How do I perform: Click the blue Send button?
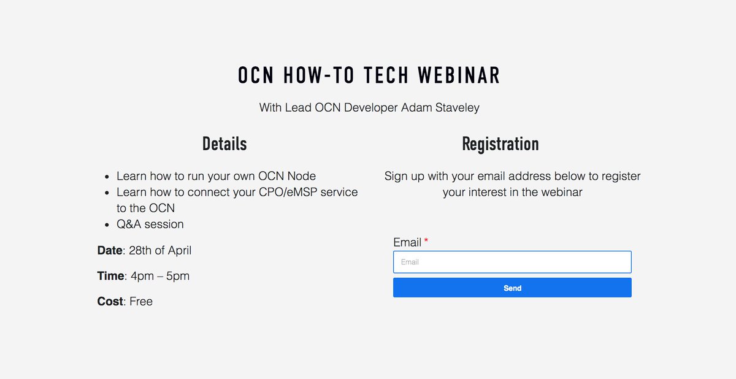click(512, 288)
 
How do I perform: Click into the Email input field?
click(512, 262)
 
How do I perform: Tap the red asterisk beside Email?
click(426, 242)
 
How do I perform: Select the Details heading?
click(224, 144)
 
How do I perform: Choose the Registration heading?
click(500, 144)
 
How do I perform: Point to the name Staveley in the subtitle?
click(457, 108)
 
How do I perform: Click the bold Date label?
click(110, 250)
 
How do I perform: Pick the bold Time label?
click(110, 276)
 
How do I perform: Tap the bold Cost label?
click(110, 302)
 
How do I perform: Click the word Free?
click(141, 302)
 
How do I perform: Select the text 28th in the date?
click(140, 250)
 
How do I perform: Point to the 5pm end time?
click(178, 276)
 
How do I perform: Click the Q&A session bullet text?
click(150, 224)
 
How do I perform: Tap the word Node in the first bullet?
click(302, 176)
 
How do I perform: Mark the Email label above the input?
click(407, 242)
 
